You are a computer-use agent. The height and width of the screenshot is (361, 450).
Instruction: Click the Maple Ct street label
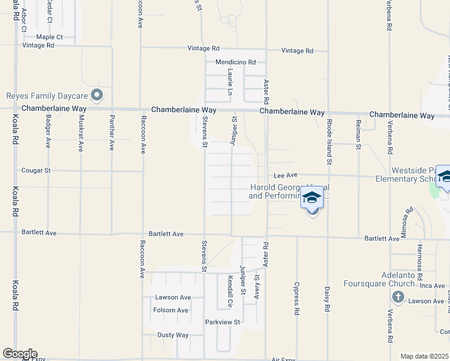tap(49, 37)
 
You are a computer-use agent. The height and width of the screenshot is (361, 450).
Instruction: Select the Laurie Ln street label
tap(230, 82)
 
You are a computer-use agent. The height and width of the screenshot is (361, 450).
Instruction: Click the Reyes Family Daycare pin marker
tap(97, 95)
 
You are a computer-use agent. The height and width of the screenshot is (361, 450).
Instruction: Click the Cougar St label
tap(36, 170)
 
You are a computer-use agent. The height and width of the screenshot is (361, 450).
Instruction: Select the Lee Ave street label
tap(286, 174)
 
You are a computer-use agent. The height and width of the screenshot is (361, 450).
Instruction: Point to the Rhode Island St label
tap(329, 141)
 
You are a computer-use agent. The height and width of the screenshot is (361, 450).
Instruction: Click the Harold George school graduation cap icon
tap(312, 198)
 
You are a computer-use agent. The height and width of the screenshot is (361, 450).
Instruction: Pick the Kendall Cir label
tap(230, 289)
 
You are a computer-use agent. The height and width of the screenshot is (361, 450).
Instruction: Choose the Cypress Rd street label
tap(297, 298)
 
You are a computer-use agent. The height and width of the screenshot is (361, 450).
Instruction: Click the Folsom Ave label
tap(171, 310)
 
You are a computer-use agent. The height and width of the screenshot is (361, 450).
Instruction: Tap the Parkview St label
tap(223, 322)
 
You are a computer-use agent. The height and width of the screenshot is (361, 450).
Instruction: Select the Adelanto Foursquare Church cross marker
tap(397, 297)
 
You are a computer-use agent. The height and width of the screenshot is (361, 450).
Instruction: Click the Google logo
tap(20, 354)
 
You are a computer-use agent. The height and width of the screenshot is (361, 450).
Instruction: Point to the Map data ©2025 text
tap(424, 356)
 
